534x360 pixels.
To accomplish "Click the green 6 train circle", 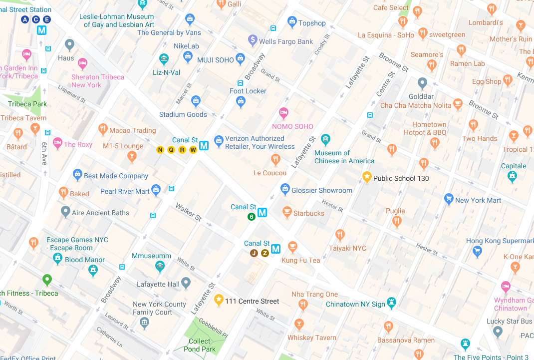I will point(252,217).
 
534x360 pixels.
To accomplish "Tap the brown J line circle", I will point(254,253).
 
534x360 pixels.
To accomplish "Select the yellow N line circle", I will point(160,150).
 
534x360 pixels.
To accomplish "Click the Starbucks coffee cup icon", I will point(287,212).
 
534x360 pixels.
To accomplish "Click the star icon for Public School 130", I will point(367,177).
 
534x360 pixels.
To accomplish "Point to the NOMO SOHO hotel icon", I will point(283,113).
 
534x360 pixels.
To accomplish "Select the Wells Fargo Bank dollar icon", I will point(253,40).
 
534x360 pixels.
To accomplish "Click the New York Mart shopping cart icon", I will point(449,199).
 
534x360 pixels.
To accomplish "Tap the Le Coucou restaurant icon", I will point(275,160).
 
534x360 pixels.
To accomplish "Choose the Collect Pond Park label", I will point(200,345).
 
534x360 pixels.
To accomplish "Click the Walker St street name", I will point(188,212).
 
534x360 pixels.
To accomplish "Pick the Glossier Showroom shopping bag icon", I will point(285,189).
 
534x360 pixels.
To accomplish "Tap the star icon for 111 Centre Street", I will point(219,300).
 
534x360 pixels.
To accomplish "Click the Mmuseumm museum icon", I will point(160,267).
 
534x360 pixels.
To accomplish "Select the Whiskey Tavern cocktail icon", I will point(299,325).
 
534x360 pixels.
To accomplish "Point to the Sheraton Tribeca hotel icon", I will point(82,63).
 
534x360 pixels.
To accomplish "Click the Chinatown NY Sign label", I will point(355,304).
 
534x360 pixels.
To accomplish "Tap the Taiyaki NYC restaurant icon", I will point(340,235).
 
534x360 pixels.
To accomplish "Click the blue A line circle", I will point(25,19).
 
